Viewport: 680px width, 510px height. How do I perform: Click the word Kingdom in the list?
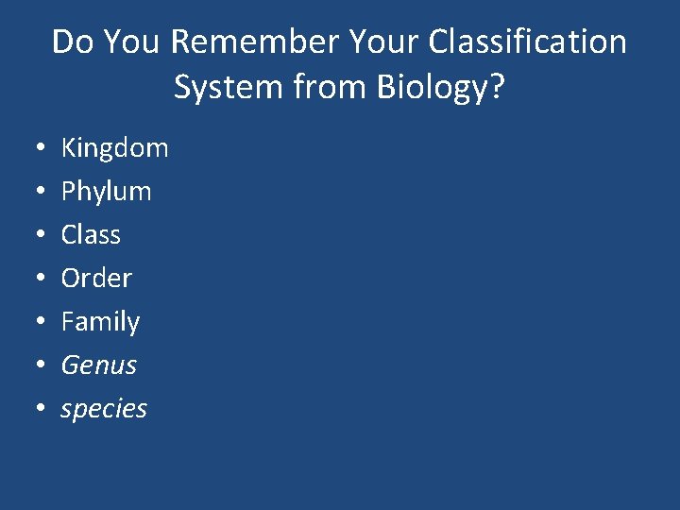(114, 148)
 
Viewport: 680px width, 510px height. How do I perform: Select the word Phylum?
(106, 192)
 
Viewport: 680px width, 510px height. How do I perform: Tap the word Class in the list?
(91, 235)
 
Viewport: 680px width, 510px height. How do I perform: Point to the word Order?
(96, 279)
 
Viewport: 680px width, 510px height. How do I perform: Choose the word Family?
(100, 322)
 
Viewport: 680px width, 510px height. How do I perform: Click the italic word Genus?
(99, 365)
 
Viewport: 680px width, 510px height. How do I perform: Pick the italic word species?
(104, 409)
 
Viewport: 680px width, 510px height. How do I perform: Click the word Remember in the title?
(255, 42)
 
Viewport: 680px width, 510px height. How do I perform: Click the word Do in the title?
(72, 42)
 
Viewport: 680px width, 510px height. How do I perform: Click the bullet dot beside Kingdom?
(33, 149)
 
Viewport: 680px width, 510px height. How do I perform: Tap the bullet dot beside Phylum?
(33, 193)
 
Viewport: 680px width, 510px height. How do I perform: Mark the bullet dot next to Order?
(33, 280)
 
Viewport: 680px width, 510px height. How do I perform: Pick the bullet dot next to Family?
(33, 323)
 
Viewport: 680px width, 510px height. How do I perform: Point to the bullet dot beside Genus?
(33, 366)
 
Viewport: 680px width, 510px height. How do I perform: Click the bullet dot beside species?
(33, 410)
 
